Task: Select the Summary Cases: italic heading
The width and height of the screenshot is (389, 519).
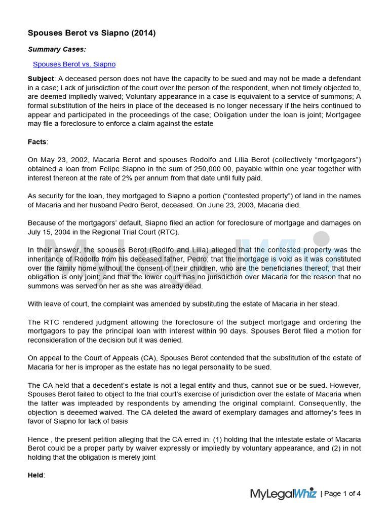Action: tap(57, 49)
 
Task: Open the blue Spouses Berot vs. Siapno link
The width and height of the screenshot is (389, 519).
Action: tap(74, 64)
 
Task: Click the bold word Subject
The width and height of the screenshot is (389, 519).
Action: tap(41, 79)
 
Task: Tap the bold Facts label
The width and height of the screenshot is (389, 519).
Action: tap(37, 141)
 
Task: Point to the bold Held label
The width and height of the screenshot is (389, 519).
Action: tap(36, 475)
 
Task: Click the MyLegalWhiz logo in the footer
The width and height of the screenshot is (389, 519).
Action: tap(283, 494)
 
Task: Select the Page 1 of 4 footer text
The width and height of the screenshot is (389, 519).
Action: tap(342, 494)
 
